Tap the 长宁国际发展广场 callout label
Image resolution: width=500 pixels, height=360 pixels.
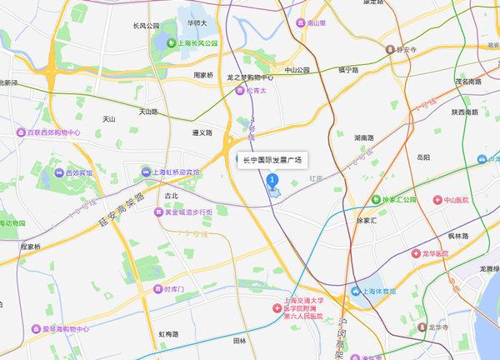pyautogui.click(x=272, y=159)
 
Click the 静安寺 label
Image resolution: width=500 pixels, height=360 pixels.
pyautogui.click(x=410, y=48)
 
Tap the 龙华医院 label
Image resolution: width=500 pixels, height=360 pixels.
pyautogui.click(x=458, y=252)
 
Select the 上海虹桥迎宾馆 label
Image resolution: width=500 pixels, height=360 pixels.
pyautogui.click(x=175, y=172)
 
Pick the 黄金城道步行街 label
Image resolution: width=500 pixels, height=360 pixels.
pyautogui.click(x=182, y=212)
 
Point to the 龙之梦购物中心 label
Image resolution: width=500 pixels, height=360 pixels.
pyautogui.click(x=256, y=77)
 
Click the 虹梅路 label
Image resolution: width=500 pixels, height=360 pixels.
pyautogui.click(x=169, y=334)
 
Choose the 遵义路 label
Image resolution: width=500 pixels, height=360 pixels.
pyautogui.click(x=202, y=132)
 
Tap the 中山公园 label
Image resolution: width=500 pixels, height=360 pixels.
pyautogui.click(x=297, y=70)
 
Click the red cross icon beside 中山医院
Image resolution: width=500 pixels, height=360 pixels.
pyautogui.click(x=437, y=200)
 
